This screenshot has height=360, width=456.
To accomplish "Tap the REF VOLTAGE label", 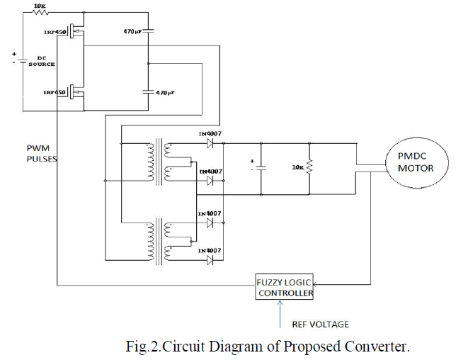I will tap(321, 324).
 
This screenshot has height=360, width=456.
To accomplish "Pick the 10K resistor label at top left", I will tap(41, 6).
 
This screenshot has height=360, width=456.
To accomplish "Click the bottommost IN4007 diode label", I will tap(212, 250).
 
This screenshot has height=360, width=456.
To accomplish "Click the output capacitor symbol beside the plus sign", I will tap(261, 169).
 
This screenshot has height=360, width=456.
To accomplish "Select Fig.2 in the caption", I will tap(141, 347).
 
